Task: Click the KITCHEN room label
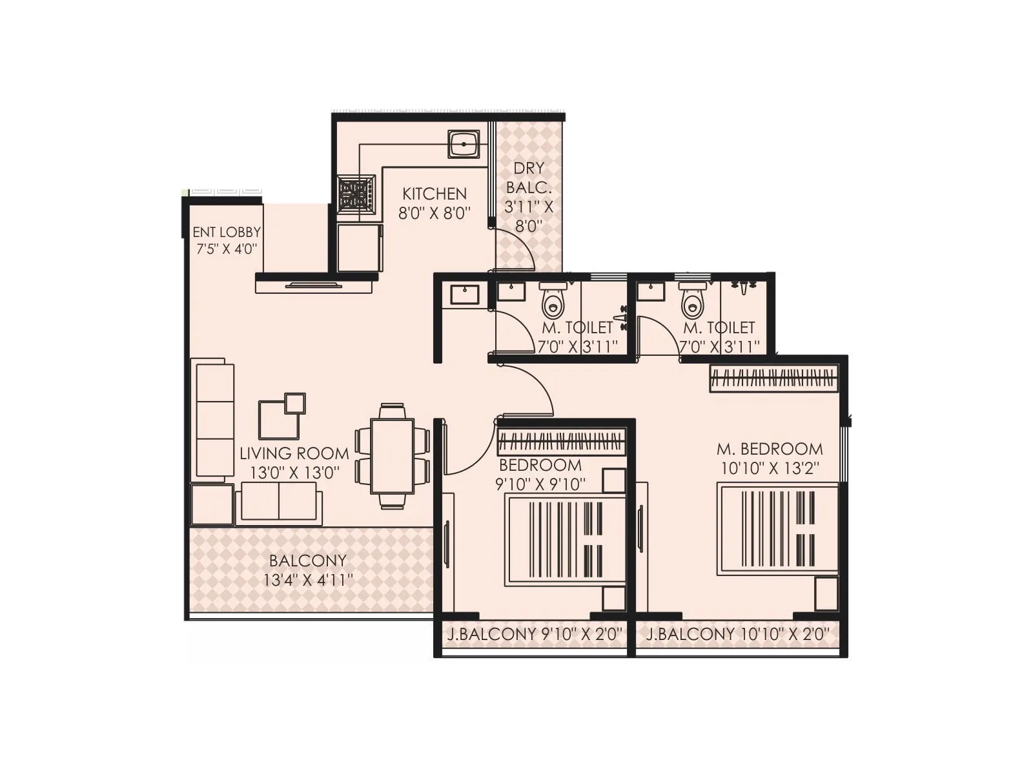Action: [x=434, y=194]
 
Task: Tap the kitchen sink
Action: [x=464, y=143]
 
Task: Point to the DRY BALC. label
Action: [x=529, y=178]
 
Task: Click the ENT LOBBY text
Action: [x=227, y=232]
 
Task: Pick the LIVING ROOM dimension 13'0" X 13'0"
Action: [x=294, y=472]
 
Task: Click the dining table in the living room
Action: [x=393, y=456]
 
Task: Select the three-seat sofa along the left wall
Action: [x=214, y=421]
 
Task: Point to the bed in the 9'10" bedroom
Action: [x=566, y=541]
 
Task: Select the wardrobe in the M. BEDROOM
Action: [x=773, y=378]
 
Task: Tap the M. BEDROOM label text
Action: [x=770, y=449]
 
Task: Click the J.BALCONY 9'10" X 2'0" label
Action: [x=535, y=635]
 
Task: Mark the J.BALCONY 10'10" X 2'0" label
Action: [x=737, y=635]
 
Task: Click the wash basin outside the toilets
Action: [x=464, y=294]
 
